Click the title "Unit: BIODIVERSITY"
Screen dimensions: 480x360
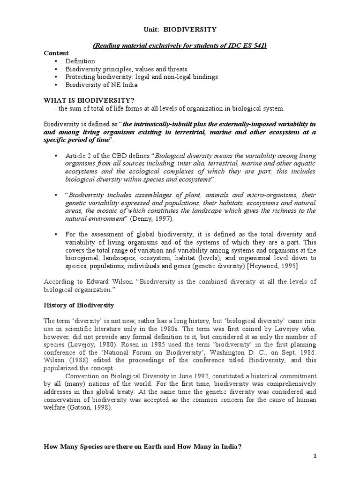(x=180, y=30)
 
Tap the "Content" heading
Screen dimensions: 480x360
(x=56, y=53)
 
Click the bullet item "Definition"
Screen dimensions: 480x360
(x=80, y=61)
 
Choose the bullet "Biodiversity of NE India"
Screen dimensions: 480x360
(x=101, y=85)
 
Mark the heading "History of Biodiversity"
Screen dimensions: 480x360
(x=79, y=305)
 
